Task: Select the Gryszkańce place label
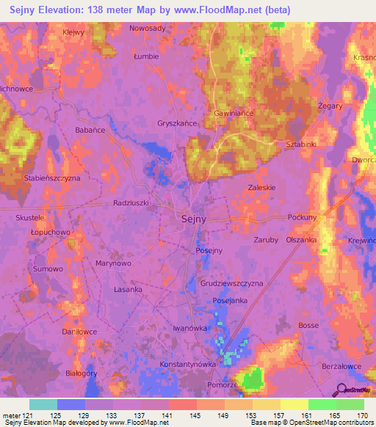point(177,124)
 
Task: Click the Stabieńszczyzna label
point(52,178)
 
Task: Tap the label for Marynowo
point(114,262)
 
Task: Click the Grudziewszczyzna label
point(231,282)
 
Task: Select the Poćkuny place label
point(302,218)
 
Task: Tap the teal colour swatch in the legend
point(43,404)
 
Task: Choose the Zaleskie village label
point(261,187)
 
